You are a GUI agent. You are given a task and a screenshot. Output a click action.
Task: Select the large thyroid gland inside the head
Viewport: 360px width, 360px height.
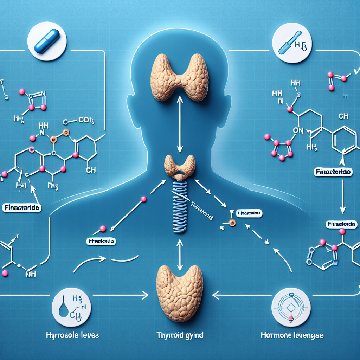click(x=180, y=77)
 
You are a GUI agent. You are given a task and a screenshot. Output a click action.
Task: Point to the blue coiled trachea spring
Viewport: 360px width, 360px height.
click(x=180, y=207)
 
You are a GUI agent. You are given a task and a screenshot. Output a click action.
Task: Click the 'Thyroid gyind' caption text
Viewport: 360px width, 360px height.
click(x=180, y=335)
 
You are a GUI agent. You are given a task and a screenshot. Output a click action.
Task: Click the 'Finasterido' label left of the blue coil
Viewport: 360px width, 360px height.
click(x=101, y=242)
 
